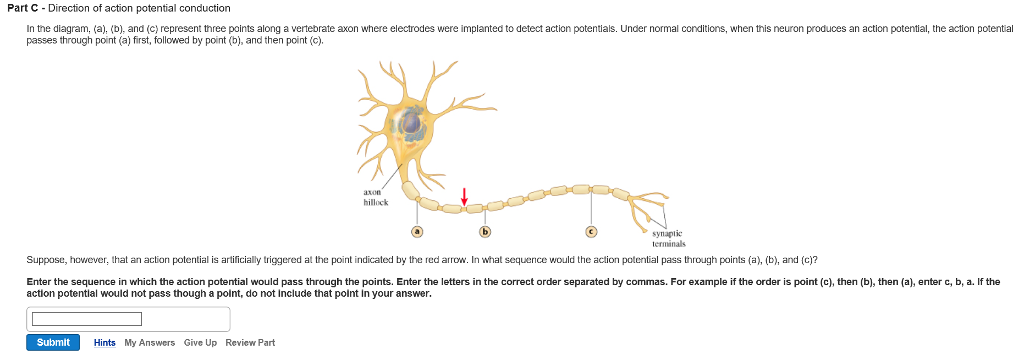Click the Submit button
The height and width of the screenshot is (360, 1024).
point(53,343)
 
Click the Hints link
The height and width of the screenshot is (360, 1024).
point(105,343)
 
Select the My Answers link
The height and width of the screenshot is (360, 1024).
point(150,343)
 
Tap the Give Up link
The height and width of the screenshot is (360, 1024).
point(200,343)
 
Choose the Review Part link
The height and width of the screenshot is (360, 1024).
point(250,343)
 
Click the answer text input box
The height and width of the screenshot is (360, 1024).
point(86,319)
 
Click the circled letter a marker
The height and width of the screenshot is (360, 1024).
point(418,231)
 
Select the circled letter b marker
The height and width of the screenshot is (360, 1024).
point(486,231)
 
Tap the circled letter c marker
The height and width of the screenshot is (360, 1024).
point(591,231)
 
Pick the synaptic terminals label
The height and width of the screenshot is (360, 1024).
point(667,238)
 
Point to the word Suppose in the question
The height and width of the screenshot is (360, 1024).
point(44,259)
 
